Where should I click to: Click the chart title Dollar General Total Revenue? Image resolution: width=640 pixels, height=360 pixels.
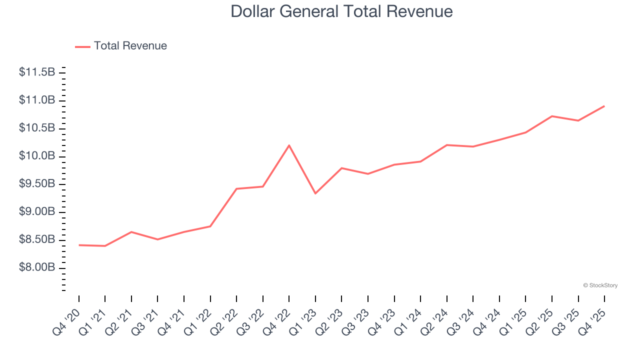[341, 11]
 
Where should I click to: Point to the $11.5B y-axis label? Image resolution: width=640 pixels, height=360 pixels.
[37, 72]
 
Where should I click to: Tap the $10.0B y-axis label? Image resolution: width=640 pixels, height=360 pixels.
[37, 156]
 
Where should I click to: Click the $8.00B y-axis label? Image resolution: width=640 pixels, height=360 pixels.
[37, 268]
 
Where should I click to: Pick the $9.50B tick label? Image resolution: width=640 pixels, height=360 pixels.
[37, 184]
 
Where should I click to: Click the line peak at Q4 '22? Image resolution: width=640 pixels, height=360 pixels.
[289, 145]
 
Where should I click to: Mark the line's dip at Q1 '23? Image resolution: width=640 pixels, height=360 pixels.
[315, 193]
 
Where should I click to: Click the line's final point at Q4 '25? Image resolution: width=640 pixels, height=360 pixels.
[604, 106]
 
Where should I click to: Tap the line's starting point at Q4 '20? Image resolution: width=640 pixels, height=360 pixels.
[79, 245]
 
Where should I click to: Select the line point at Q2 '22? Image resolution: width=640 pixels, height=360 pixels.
[236, 189]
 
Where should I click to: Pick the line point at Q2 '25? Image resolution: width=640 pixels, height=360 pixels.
[552, 116]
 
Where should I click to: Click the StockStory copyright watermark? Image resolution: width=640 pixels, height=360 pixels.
[600, 285]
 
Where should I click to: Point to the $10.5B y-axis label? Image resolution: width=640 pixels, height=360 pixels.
[37, 128]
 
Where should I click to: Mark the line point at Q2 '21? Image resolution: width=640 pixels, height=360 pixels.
[131, 232]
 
